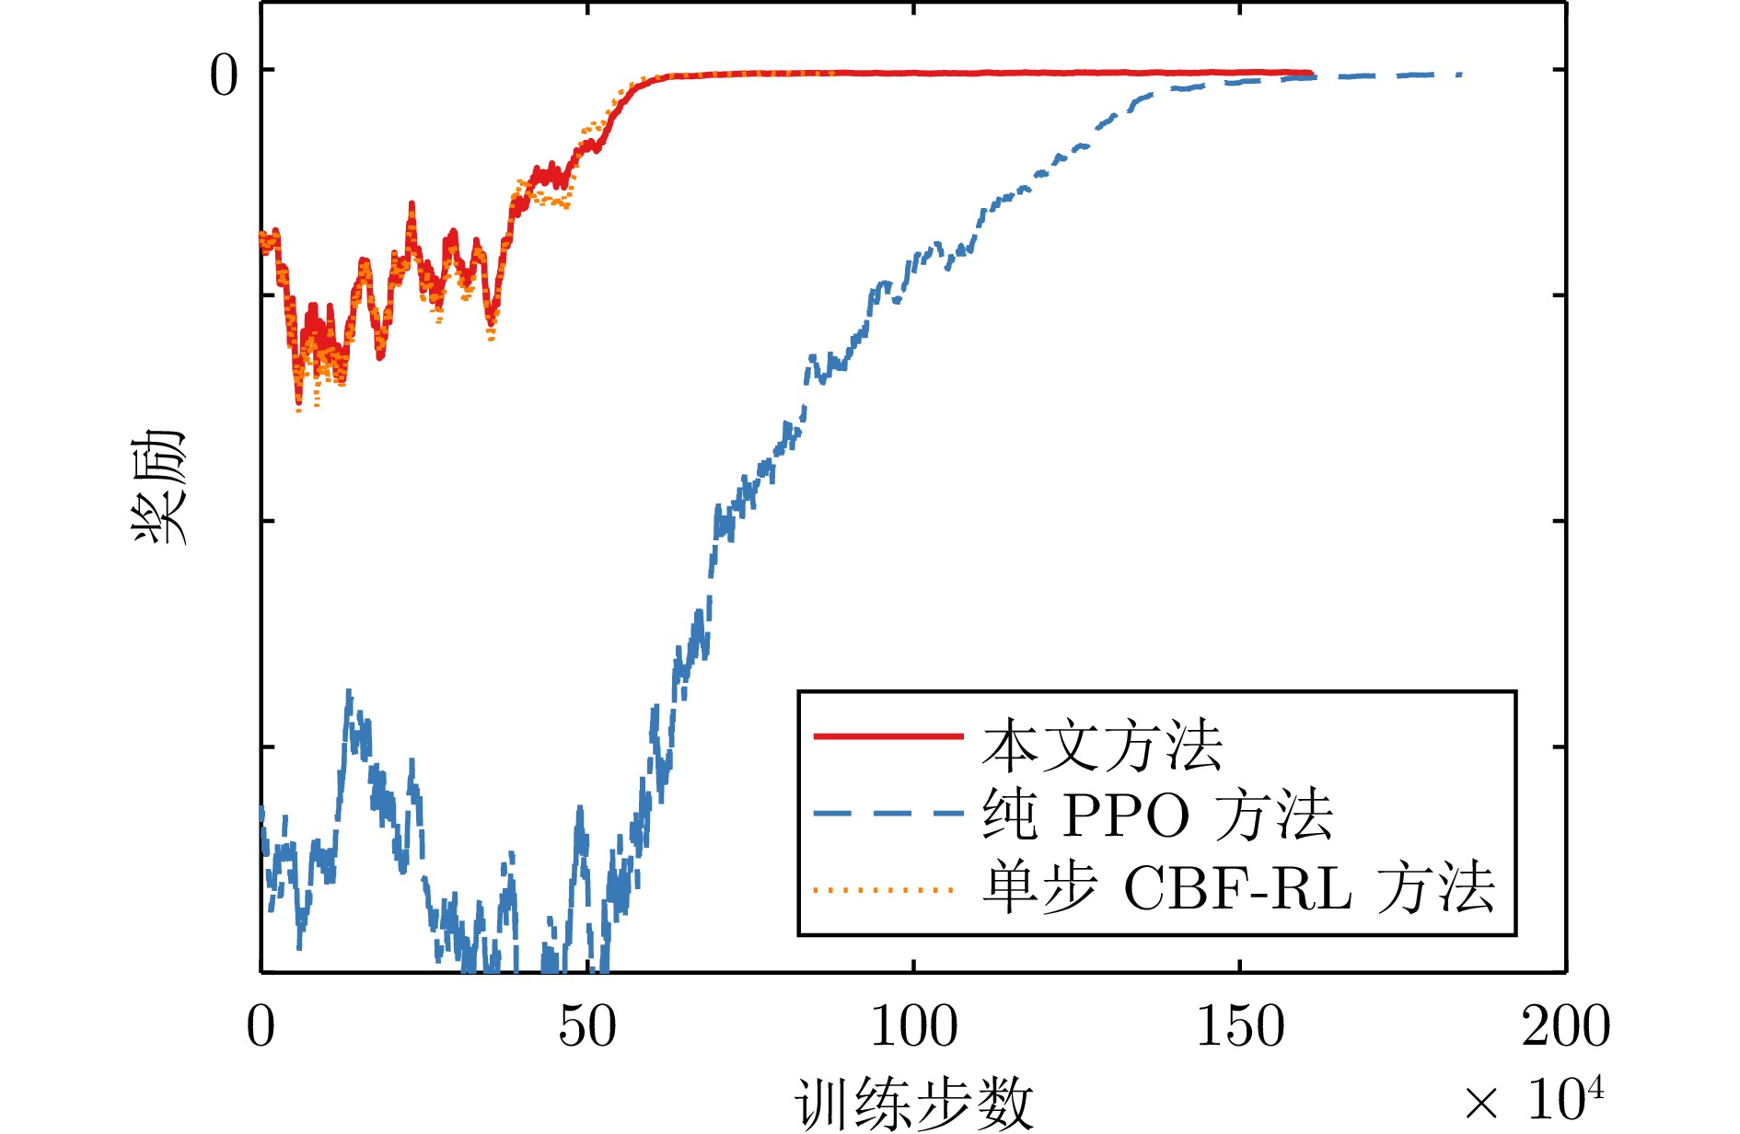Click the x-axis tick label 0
(x=261, y=1026)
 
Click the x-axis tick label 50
(x=587, y=1026)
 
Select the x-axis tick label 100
(x=913, y=1026)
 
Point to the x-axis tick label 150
(x=1240, y=1026)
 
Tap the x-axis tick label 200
(x=1566, y=1026)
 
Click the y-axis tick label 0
(x=224, y=75)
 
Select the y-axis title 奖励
(x=158, y=487)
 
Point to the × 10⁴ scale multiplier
(x=1533, y=1098)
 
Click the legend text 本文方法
(x=1102, y=746)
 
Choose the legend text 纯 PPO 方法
(x=1157, y=815)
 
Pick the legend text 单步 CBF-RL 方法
(x=1238, y=887)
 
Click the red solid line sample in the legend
(x=888, y=736)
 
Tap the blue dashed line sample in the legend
(x=888, y=814)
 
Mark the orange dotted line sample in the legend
(x=884, y=890)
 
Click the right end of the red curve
(x=1311, y=73)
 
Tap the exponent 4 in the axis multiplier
(x=1595, y=1088)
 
